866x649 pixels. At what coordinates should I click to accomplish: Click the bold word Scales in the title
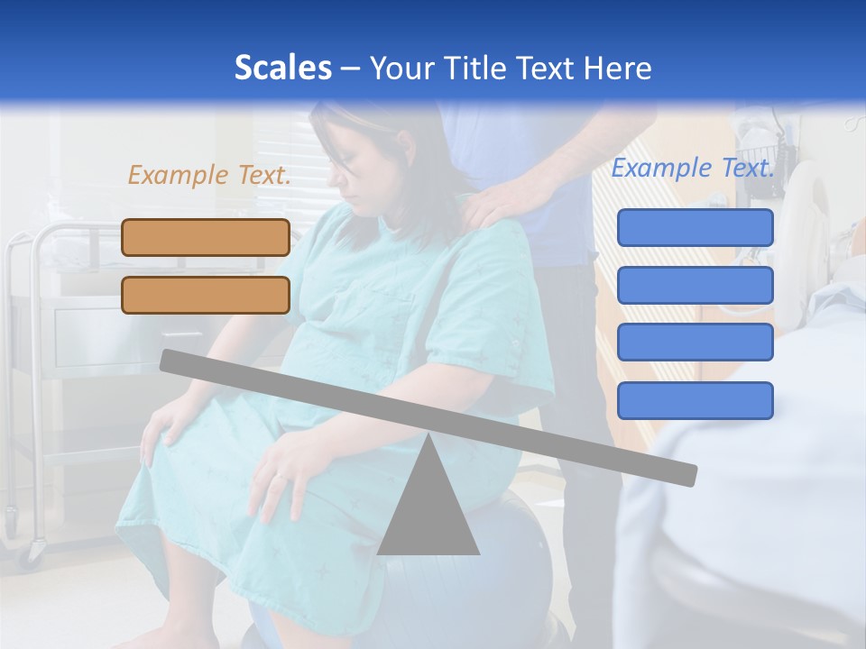pyautogui.click(x=282, y=68)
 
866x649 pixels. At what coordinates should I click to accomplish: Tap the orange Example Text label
pyautogui.click(x=209, y=175)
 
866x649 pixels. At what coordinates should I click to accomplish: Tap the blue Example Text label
pyautogui.click(x=693, y=168)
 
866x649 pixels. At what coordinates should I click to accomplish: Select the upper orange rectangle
pyautogui.click(x=206, y=237)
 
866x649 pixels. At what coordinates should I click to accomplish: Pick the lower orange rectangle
pyautogui.click(x=206, y=295)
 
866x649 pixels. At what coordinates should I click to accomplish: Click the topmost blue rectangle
pyautogui.click(x=695, y=227)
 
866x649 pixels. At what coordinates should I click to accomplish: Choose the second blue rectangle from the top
pyautogui.click(x=695, y=285)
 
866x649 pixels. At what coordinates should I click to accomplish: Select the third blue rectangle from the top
pyautogui.click(x=695, y=343)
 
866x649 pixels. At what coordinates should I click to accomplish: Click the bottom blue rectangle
pyautogui.click(x=695, y=400)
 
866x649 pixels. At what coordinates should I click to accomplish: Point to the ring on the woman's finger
pyautogui.click(x=282, y=475)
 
